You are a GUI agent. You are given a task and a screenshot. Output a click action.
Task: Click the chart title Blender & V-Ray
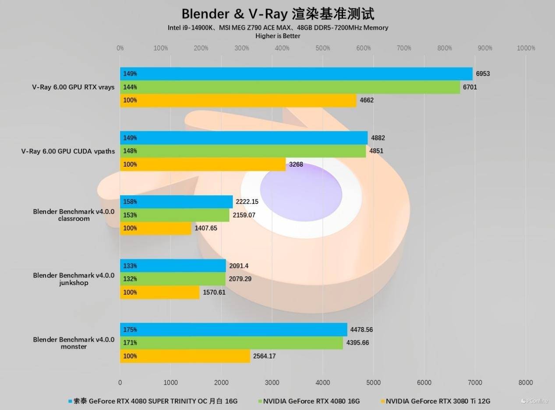278,14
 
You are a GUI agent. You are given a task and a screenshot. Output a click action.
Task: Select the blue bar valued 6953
296,74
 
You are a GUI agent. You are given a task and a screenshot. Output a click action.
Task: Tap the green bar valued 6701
290,87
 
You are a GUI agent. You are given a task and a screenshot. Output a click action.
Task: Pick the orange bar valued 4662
238,100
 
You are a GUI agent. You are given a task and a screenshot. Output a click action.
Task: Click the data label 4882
378,138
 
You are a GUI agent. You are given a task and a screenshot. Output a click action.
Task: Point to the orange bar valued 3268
203,164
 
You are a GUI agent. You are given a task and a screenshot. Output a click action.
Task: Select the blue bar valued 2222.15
177,202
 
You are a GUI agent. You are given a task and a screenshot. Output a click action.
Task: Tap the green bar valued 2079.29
173,279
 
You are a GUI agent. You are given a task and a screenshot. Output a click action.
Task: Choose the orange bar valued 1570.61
160,292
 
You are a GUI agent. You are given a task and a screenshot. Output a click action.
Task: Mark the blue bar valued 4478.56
233,330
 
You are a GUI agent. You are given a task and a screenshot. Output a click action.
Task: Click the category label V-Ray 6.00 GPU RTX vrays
73,87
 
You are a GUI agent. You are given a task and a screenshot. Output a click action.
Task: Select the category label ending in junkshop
74,279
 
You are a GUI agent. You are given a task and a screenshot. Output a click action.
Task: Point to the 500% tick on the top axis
323,48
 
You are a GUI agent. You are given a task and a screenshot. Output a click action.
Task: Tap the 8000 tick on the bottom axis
526,382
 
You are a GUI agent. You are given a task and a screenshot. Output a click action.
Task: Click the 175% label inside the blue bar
130,330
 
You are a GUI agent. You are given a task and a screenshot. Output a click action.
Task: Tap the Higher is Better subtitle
278,36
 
